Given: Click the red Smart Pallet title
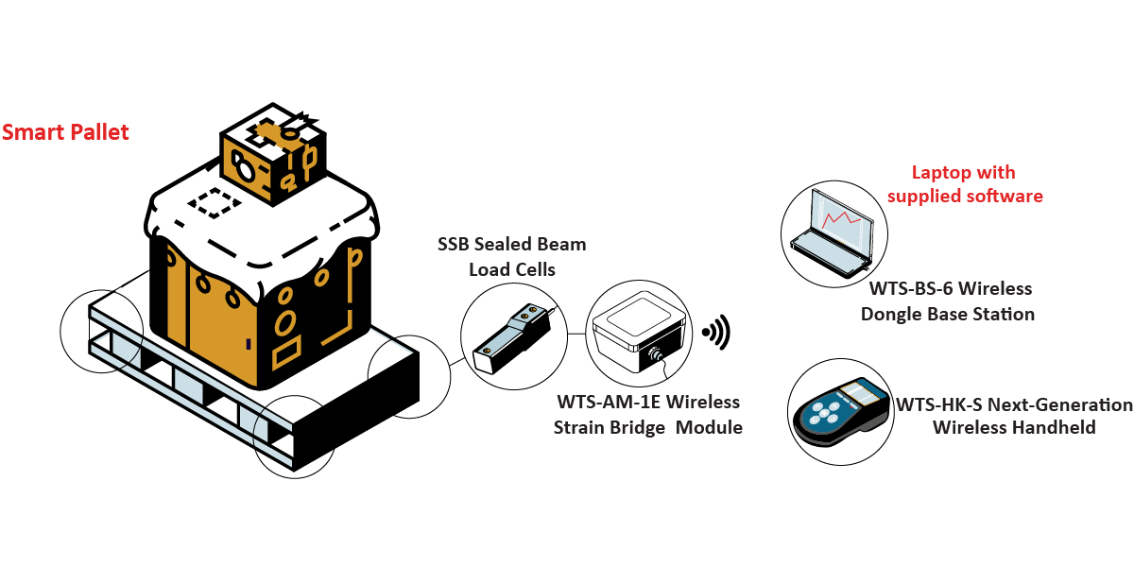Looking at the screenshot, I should click(x=65, y=132).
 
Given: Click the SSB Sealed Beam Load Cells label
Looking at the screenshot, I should click(x=511, y=256).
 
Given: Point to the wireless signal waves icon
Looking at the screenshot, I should click(x=716, y=332).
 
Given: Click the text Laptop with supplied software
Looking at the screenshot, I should click(x=963, y=184).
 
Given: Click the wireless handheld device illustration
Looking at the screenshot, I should click(x=840, y=417).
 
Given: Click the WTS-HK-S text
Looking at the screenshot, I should click(x=937, y=405).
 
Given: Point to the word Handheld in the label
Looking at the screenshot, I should click(x=1055, y=428).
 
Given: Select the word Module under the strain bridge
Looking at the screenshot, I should click(x=709, y=428).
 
